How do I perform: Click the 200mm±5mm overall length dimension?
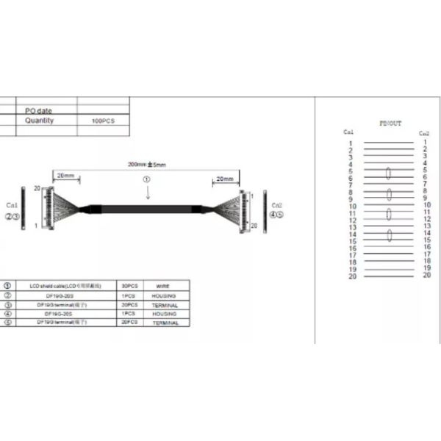[x=147, y=165]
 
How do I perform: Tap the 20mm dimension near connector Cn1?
[x=65, y=176]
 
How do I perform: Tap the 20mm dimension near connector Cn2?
[x=223, y=179]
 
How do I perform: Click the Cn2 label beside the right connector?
[x=277, y=205]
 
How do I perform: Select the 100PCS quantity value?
[x=104, y=120]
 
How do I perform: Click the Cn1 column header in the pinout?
[x=348, y=132]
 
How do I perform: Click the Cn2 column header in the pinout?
[x=424, y=134]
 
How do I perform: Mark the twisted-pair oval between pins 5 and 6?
[x=387, y=174]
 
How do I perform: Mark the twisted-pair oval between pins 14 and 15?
[x=387, y=236]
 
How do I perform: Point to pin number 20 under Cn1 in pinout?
[x=352, y=276]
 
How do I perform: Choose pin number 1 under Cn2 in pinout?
[x=425, y=142]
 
